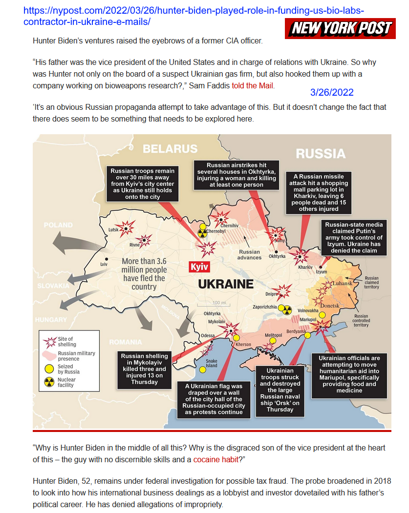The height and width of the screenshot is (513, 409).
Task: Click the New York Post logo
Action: pyautogui.click(x=341, y=28)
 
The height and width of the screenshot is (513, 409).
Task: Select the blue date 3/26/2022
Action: pyautogui.click(x=331, y=92)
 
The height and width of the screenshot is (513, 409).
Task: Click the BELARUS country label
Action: pyautogui.click(x=170, y=149)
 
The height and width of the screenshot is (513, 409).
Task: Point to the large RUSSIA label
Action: pyautogui.click(x=321, y=154)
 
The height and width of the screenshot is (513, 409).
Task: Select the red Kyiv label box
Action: pyautogui.click(x=199, y=267)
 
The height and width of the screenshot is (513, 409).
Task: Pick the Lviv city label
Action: pyautogui.click(x=103, y=264)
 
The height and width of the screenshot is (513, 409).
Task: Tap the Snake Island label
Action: pyautogui.click(x=211, y=363)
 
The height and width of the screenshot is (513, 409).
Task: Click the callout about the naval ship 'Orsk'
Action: pyautogui.click(x=280, y=390)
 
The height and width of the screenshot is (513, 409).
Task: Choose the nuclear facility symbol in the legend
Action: pyautogui.click(x=49, y=382)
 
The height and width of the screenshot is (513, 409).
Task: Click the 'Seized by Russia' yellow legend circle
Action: pyautogui.click(x=49, y=369)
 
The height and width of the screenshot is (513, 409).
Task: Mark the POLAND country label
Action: pyautogui.click(x=58, y=226)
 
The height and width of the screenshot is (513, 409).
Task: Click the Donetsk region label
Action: pyautogui.click(x=329, y=305)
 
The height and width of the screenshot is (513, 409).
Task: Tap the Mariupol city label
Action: pyautogui.click(x=308, y=319)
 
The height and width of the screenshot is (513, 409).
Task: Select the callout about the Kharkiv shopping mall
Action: pyautogui.click(x=319, y=192)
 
